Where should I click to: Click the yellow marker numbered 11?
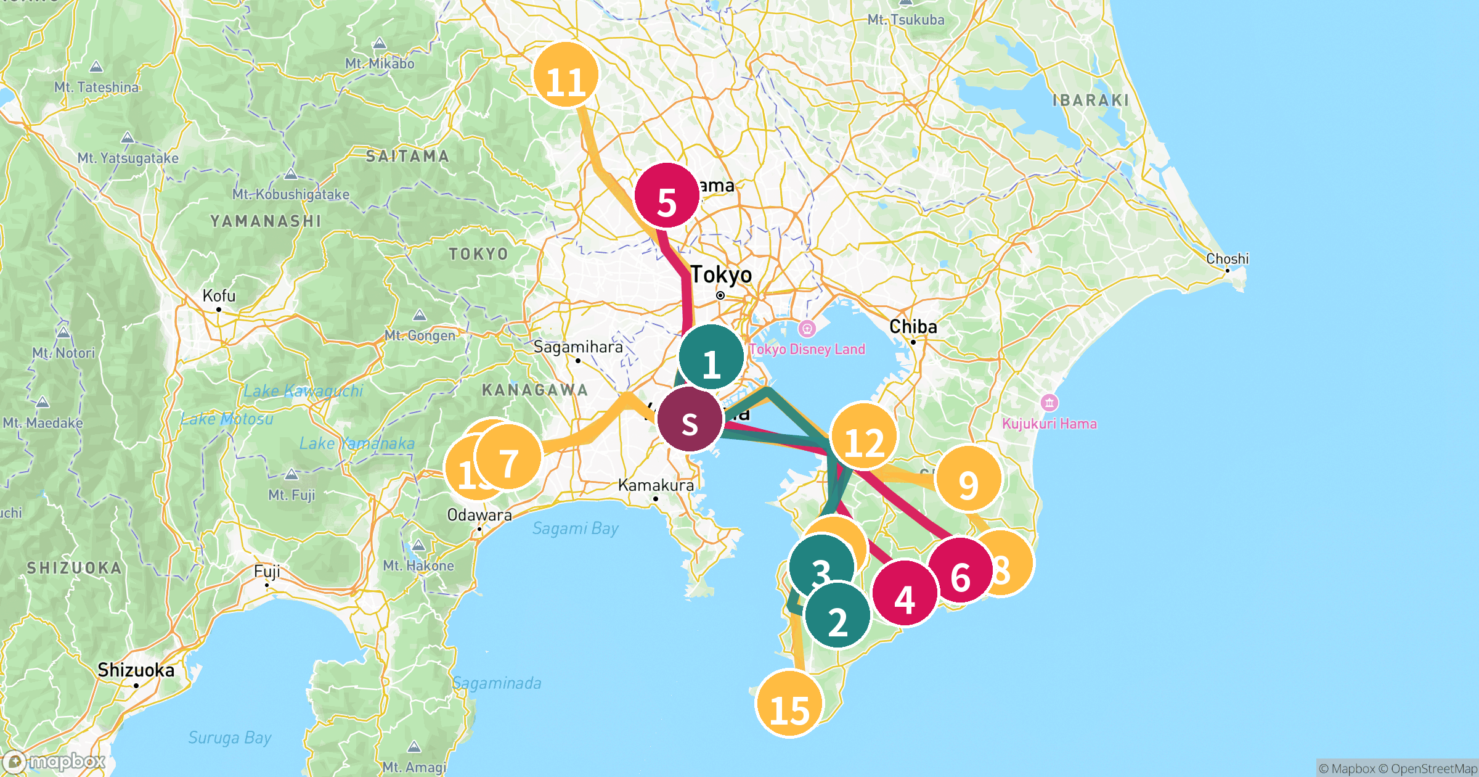(x=565, y=75)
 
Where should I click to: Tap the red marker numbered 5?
(x=667, y=195)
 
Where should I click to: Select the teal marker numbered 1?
(x=711, y=357)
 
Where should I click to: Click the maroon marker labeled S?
(x=690, y=419)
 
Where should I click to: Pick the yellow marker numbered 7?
(x=508, y=457)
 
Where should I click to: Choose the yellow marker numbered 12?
(x=864, y=435)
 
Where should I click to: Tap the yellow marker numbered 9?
(x=968, y=479)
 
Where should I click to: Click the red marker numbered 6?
(x=960, y=570)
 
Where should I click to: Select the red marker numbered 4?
(x=905, y=593)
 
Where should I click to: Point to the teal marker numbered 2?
(x=837, y=615)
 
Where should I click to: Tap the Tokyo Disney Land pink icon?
(x=807, y=329)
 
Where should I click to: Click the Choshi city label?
(x=1227, y=259)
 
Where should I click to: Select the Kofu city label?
(x=219, y=296)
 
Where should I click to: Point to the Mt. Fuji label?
(x=291, y=495)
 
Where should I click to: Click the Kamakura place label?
(x=656, y=485)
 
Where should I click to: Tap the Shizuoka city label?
(x=136, y=670)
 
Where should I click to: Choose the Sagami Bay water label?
(x=575, y=528)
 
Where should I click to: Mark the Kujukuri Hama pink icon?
(x=1049, y=403)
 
